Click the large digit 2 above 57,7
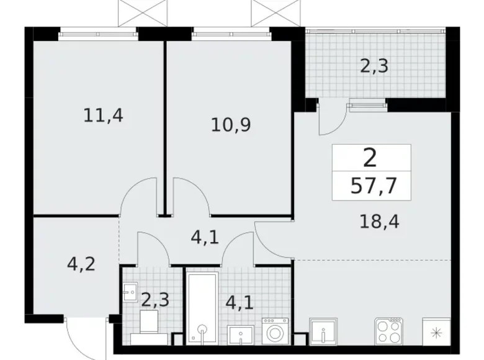pyautogui.click(x=370, y=159)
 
